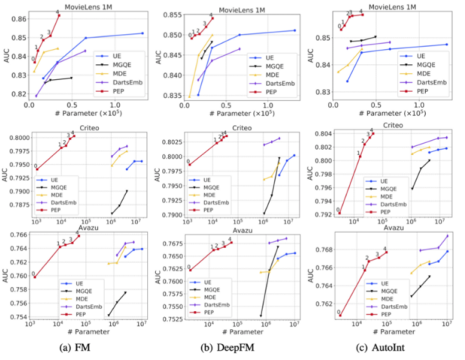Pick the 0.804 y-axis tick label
coord(322,133)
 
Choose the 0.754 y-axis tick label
coord(19,316)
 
